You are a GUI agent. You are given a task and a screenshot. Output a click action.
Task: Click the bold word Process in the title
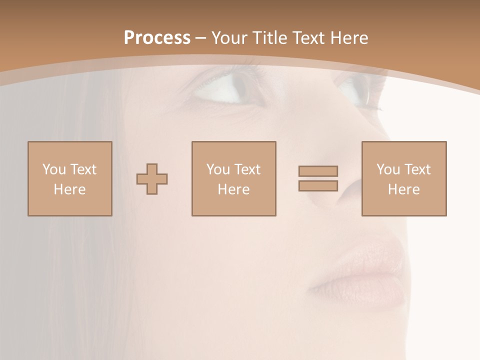pyautogui.click(x=157, y=38)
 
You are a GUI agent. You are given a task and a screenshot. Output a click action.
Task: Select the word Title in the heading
pyautogui.click(x=268, y=38)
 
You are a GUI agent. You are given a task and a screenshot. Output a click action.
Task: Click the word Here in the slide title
pyautogui.click(x=350, y=38)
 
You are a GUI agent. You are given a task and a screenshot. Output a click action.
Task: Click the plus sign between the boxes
pyautogui.click(x=152, y=179)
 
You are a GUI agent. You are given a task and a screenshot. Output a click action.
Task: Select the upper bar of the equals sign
pyautogui.click(x=318, y=171)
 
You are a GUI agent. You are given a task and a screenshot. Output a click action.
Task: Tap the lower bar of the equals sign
pyautogui.click(x=318, y=186)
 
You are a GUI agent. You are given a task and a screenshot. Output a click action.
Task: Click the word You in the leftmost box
pyautogui.click(x=54, y=169)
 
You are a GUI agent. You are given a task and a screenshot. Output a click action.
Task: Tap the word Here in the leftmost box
pyautogui.click(x=69, y=189)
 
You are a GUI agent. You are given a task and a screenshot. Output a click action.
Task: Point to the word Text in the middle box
pyautogui.click(x=247, y=169)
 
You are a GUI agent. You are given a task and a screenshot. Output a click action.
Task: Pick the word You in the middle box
pyautogui.click(x=218, y=169)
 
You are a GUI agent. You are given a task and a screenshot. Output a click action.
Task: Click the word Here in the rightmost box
pyautogui.click(x=403, y=189)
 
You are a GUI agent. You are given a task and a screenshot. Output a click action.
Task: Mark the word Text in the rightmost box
pyautogui.click(x=417, y=169)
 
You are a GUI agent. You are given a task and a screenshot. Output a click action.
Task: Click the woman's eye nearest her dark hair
pyautogui.click(x=227, y=90)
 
